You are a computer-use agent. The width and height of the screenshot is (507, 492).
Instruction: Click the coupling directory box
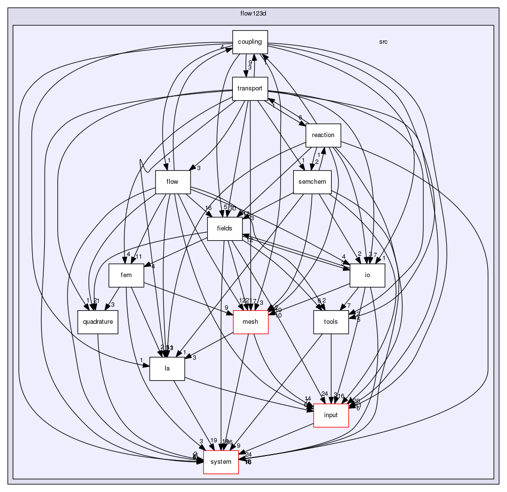tap(250, 42)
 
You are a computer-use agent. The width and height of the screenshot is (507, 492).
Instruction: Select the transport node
tap(250, 88)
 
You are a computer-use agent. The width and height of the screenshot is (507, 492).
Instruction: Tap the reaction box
tap(323, 135)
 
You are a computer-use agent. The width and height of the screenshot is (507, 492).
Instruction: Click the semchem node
tap(312, 182)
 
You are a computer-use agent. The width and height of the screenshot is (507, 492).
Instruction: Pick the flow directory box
tap(172, 182)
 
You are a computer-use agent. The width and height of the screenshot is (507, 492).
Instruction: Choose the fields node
tap(225, 228)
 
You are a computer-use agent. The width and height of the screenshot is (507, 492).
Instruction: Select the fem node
tap(126, 275)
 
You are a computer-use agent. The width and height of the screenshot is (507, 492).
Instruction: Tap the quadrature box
tap(98, 322)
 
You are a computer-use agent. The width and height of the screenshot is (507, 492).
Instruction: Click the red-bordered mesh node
tap(251, 322)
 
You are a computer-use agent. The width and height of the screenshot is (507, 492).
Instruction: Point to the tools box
tap(331, 322)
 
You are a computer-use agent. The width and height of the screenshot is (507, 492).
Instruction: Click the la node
tap(167, 369)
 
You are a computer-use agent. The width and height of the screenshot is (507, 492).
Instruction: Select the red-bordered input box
tap(331, 415)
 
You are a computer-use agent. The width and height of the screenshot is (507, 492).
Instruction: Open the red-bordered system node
tap(221, 462)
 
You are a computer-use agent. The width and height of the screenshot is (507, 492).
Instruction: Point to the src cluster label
tap(383, 42)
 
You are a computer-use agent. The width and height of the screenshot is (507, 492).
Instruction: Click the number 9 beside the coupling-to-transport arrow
tap(250, 62)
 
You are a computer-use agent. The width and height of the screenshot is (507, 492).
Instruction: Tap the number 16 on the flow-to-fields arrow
tap(208, 208)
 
